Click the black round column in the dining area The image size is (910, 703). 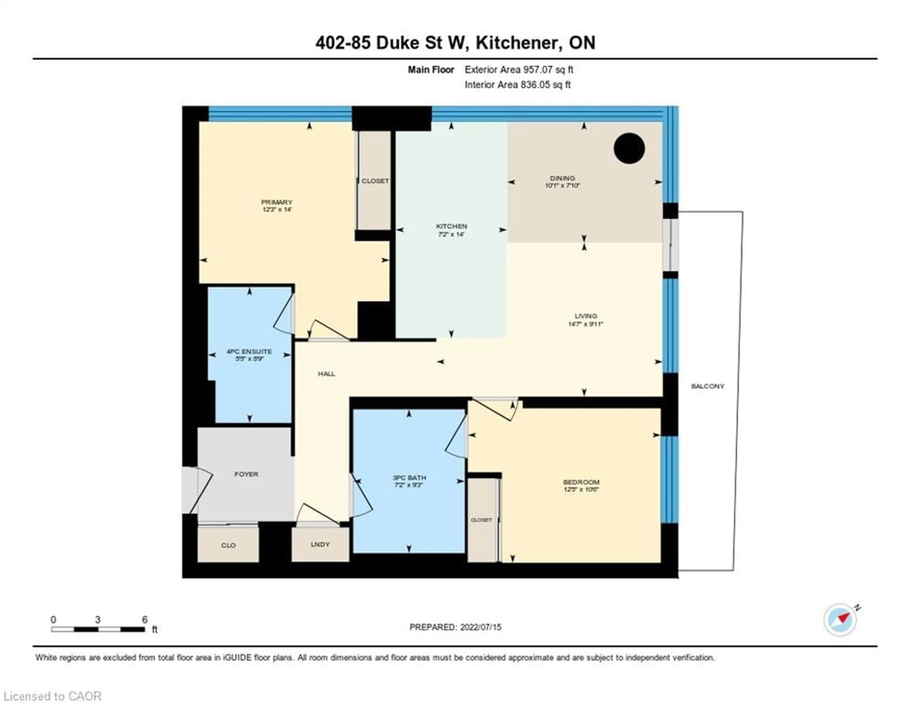tap(629, 148)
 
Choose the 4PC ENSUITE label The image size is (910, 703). tap(249, 355)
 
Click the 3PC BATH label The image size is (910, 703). tap(409, 481)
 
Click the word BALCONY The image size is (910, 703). tap(707, 386)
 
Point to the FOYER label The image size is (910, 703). tap(246, 474)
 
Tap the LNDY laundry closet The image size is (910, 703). tap(320, 544)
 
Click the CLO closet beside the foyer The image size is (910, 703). tap(228, 545)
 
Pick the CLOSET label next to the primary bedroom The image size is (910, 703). tap(375, 181)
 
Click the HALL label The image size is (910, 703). tap(326, 374)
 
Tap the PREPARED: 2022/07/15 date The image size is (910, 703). tap(455, 627)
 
